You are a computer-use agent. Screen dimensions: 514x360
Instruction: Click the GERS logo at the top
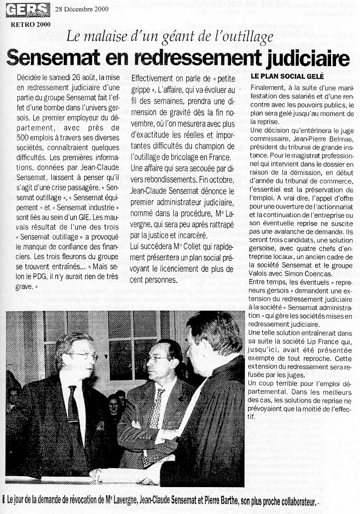click(x=28, y=9)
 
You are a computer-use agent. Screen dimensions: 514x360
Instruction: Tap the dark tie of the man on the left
click(x=73, y=404)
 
